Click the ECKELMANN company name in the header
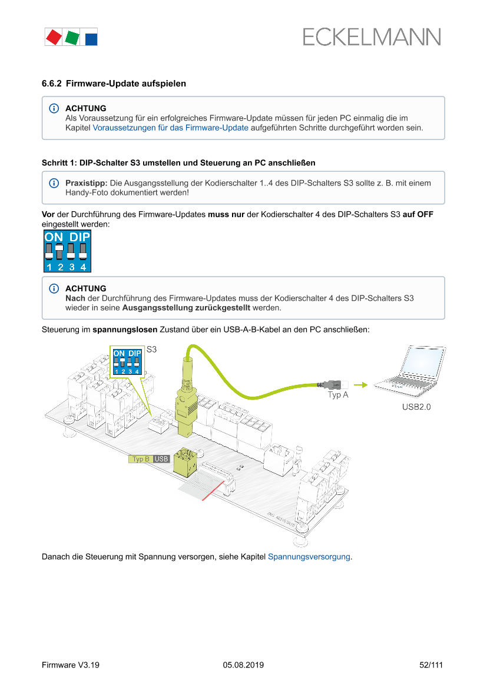[372, 37]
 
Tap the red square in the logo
[54, 37]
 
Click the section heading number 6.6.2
[52, 84]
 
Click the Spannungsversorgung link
[309, 556]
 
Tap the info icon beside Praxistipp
[54, 183]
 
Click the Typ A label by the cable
[338, 395]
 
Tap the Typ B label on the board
[141, 459]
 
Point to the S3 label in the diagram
[151, 350]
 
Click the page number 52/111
[431, 665]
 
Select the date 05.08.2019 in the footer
[243, 665]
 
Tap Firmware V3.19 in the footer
[71, 665]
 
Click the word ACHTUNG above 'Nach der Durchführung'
[86, 288]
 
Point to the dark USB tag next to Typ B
[161, 459]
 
